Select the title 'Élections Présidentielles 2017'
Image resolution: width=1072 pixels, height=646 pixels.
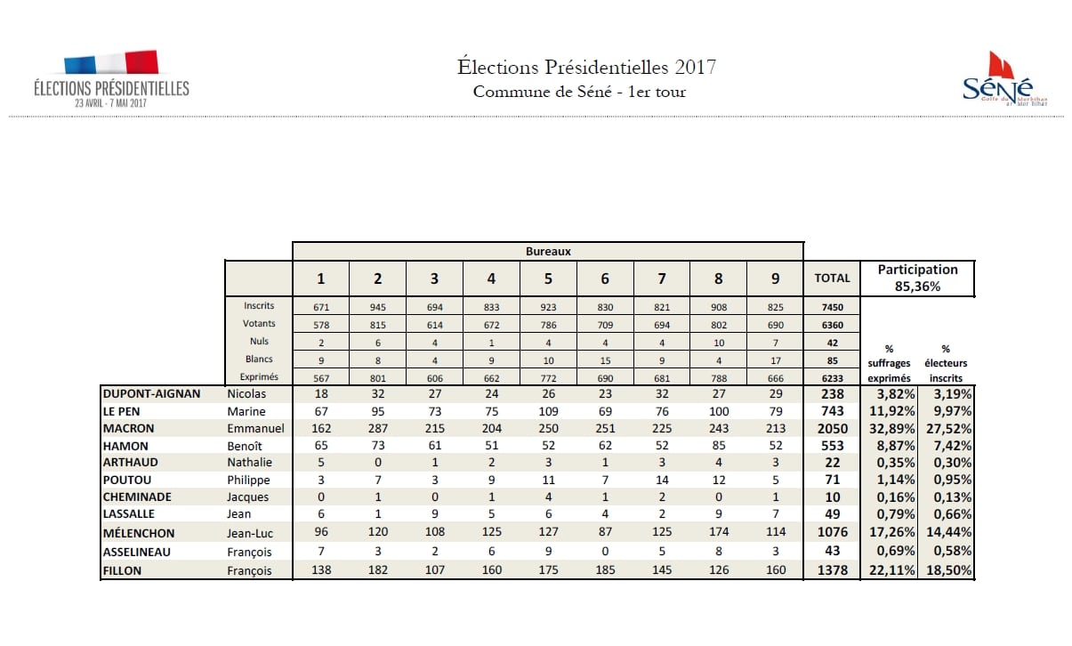[586, 67]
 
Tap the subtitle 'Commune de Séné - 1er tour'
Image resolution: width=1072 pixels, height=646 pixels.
[579, 92]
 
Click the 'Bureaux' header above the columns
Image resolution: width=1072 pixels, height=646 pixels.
[548, 252]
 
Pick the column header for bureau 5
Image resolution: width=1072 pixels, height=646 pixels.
[548, 279]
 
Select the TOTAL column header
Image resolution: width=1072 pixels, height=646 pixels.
[832, 278]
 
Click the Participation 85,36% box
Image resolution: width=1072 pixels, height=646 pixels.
[917, 278]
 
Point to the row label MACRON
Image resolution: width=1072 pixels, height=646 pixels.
[129, 428]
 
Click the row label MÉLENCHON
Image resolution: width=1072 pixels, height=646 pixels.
[139, 533]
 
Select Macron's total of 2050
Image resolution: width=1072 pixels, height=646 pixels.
[832, 428]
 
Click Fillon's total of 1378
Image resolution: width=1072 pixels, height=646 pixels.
[832, 570]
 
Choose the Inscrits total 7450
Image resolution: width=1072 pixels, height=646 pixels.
[832, 306]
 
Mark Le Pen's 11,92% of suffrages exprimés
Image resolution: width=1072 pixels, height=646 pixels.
[893, 411]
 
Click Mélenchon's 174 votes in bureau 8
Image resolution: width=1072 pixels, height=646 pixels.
[719, 533]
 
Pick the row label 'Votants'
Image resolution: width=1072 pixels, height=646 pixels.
[259, 324]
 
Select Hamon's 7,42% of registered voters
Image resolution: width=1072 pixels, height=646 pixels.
[950, 446]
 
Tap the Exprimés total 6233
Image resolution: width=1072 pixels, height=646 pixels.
[832, 377]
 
